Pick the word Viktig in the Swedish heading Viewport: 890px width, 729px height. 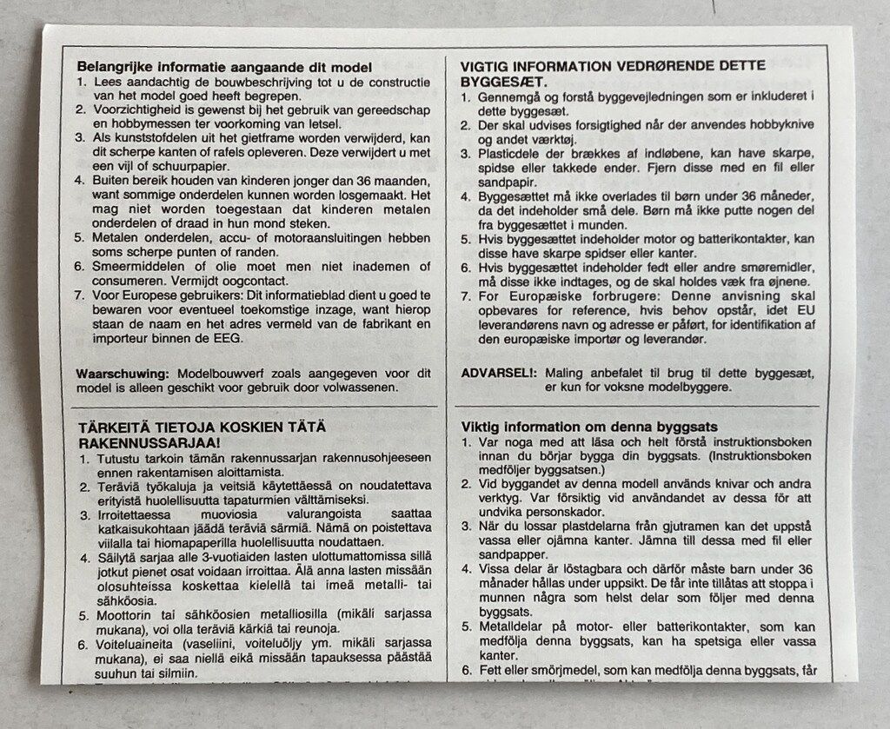[482, 427]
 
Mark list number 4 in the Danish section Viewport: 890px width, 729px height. [465, 196]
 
